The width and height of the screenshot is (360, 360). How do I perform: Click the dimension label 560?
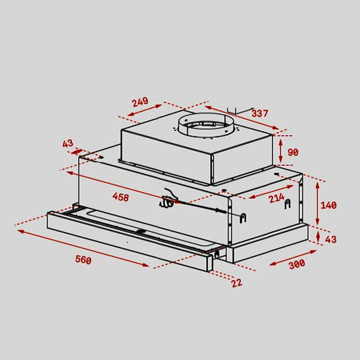click(x=83, y=260)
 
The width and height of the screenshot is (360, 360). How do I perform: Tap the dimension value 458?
click(x=121, y=197)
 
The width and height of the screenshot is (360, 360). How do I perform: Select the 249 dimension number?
click(x=140, y=102)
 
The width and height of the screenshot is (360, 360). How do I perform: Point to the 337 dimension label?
click(x=260, y=113)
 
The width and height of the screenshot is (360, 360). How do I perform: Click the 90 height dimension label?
click(x=293, y=152)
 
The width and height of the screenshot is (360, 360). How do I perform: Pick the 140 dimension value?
click(x=328, y=205)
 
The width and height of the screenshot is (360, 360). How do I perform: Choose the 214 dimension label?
click(x=277, y=198)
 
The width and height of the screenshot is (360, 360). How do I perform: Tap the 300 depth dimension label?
click(x=297, y=264)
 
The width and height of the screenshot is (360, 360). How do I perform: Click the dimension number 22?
click(x=237, y=283)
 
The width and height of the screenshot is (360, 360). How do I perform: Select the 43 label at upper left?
click(x=68, y=143)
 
